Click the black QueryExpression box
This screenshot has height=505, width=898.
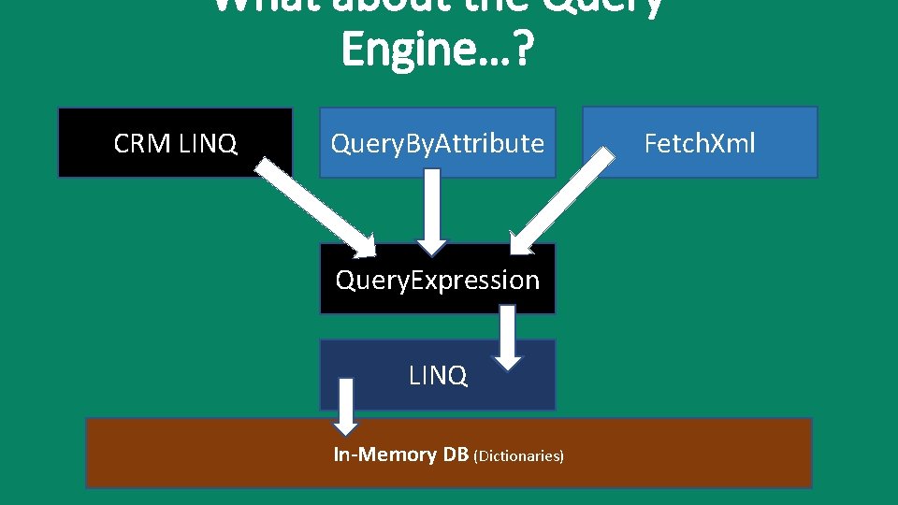pyautogui.click(x=438, y=280)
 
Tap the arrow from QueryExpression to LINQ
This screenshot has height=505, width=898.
pyautogui.click(x=508, y=339)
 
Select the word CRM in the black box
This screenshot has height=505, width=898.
pyautogui.click(x=142, y=143)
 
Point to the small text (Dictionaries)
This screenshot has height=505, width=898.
pyautogui.click(x=519, y=456)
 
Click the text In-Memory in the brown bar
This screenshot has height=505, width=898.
pyautogui.click(x=372, y=454)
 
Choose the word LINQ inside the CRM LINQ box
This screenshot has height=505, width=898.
pyautogui.click(x=207, y=143)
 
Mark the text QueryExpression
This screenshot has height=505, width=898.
pyautogui.click(x=438, y=280)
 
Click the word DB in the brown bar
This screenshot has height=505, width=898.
pyautogui.click(x=456, y=454)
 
